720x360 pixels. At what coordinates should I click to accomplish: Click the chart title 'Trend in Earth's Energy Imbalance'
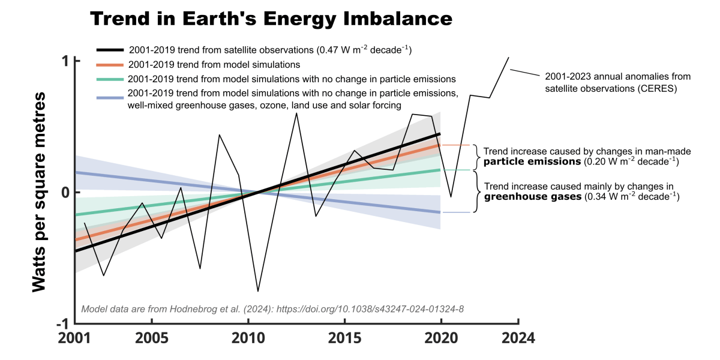click(x=271, y=19)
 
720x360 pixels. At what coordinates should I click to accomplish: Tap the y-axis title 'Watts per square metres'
click(x=40, y=192)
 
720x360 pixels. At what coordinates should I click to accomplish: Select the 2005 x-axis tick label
click(x=151, y=338)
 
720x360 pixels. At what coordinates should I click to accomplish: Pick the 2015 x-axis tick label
click(x=344, y=338)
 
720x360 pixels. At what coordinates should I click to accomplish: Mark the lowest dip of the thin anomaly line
click(x=258, y=292)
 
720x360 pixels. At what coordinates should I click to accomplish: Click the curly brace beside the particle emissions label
click(x=476, y=157)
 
